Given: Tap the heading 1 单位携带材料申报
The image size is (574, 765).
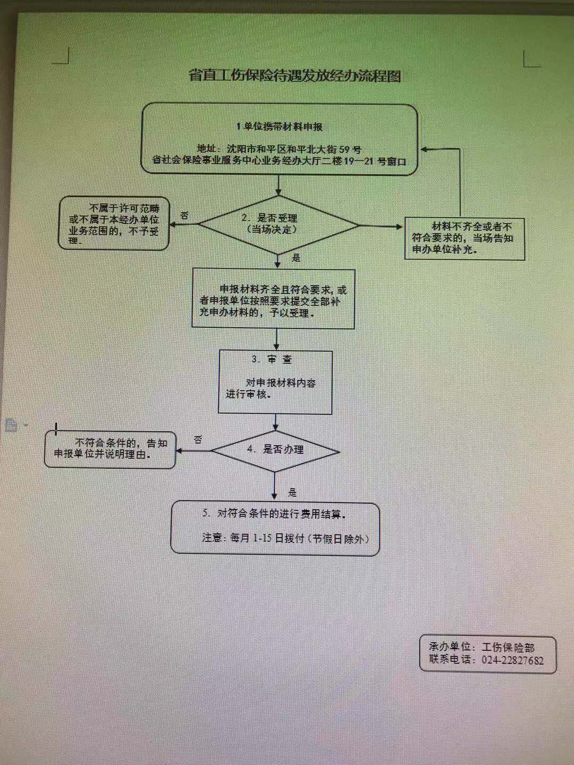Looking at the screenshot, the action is pyautogui.click(x=280, y=127).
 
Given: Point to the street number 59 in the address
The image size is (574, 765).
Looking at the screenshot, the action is pyautogui.click(x=344, y=149).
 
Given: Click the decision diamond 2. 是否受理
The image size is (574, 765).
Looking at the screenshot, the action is pyautogui.click(x=278, y=225).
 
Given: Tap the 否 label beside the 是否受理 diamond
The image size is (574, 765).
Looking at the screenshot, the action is pyautogui.click(x=184, y=216).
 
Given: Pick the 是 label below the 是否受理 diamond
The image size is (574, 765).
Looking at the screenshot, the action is pyautogui.click(x=296, y=258).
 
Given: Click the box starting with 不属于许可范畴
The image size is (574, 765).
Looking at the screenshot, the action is pyautogui.click(x=114, y=224).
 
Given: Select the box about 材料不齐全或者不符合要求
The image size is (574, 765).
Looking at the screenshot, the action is pyautogui.click(x=465, y=239).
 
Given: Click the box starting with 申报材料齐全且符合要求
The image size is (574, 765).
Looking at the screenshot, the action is pyautogui.click(x=273, y=299).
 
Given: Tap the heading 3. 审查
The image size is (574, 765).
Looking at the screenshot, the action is pyautogui.click(x=272, y=359).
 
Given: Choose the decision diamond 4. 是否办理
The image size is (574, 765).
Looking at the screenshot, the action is pyautogui.click(x=275, y=452).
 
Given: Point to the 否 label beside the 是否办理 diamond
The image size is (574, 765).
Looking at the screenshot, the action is pyautogui.click(x=198, y=440).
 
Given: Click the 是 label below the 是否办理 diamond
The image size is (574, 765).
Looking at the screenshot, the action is pyautogui.click(x=292, y=492).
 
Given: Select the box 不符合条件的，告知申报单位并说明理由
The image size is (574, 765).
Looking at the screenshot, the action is pyautogui.click(x=110, y=450).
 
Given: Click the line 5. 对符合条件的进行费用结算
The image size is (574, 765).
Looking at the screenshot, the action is pyautogui.click(x=275, y=514).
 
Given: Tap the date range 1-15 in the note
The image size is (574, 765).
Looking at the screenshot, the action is pyautogui.click(x=262, y=539).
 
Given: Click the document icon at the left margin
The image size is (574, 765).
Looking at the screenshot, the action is pyautogui.click(x=12, y=426).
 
